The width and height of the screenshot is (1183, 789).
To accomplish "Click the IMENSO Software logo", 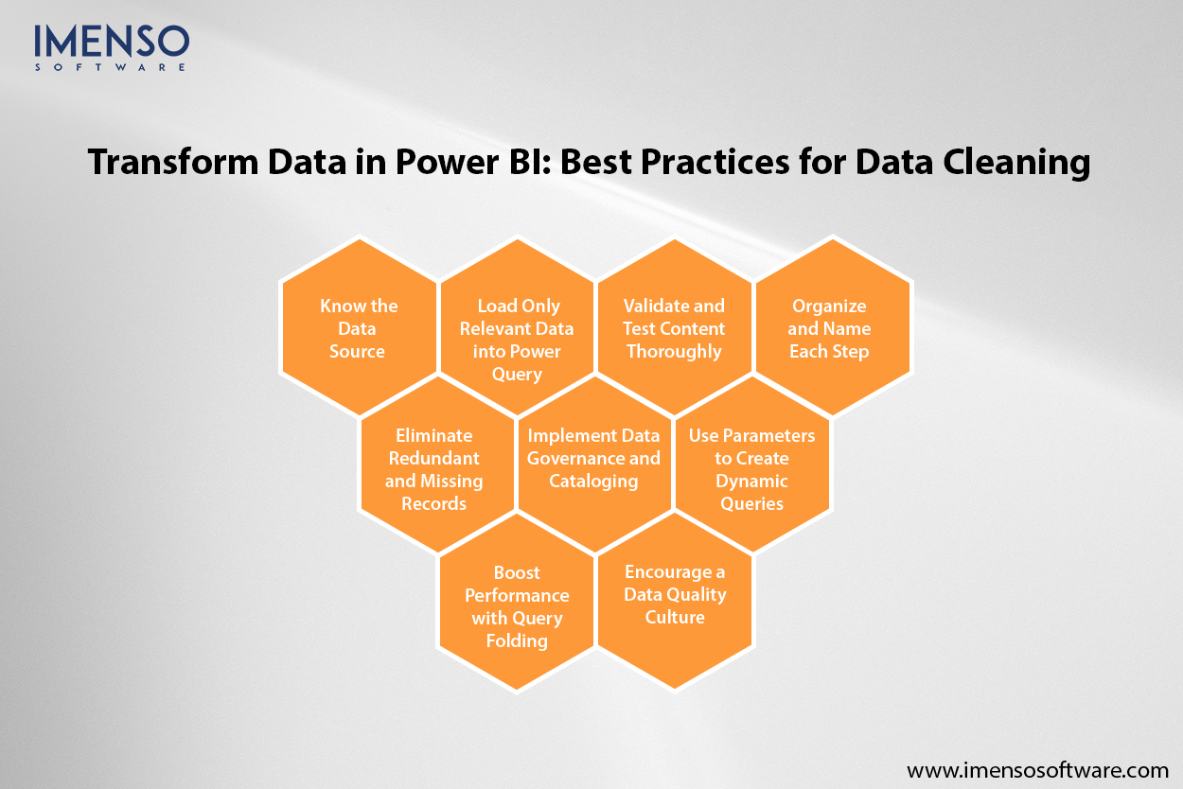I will (112, 46).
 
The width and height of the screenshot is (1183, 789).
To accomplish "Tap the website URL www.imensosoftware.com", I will (1038, 768).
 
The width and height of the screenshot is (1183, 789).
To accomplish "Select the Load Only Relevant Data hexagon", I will (517, 327).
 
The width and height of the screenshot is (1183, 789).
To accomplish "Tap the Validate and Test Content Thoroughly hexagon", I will (674, 327).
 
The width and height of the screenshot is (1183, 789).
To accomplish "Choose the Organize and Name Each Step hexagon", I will (830, 327).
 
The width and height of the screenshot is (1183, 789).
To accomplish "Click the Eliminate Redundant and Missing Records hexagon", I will (434, 467).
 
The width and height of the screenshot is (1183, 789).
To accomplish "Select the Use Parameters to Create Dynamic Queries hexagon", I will (751, 467).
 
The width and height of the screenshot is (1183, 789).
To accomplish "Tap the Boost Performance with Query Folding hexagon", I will (517, 605).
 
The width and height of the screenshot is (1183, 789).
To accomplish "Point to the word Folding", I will (517, 640).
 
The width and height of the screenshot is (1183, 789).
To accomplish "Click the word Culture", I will (675, 617).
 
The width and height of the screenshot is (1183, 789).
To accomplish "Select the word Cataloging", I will (594, 481).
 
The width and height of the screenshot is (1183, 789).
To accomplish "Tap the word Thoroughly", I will (674, 351).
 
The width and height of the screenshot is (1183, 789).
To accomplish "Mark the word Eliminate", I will (434, 435).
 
